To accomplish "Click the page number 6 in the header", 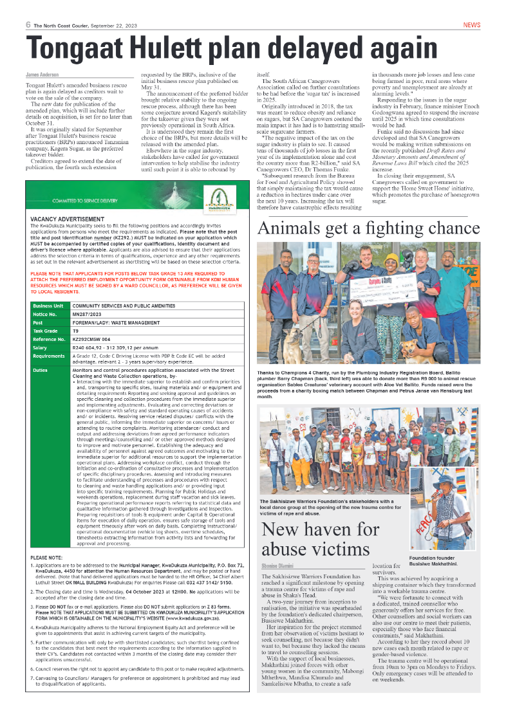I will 28,25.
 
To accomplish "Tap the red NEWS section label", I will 471,25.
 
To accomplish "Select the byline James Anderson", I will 42,75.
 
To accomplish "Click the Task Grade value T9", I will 76,331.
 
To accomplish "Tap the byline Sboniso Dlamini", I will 277,566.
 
